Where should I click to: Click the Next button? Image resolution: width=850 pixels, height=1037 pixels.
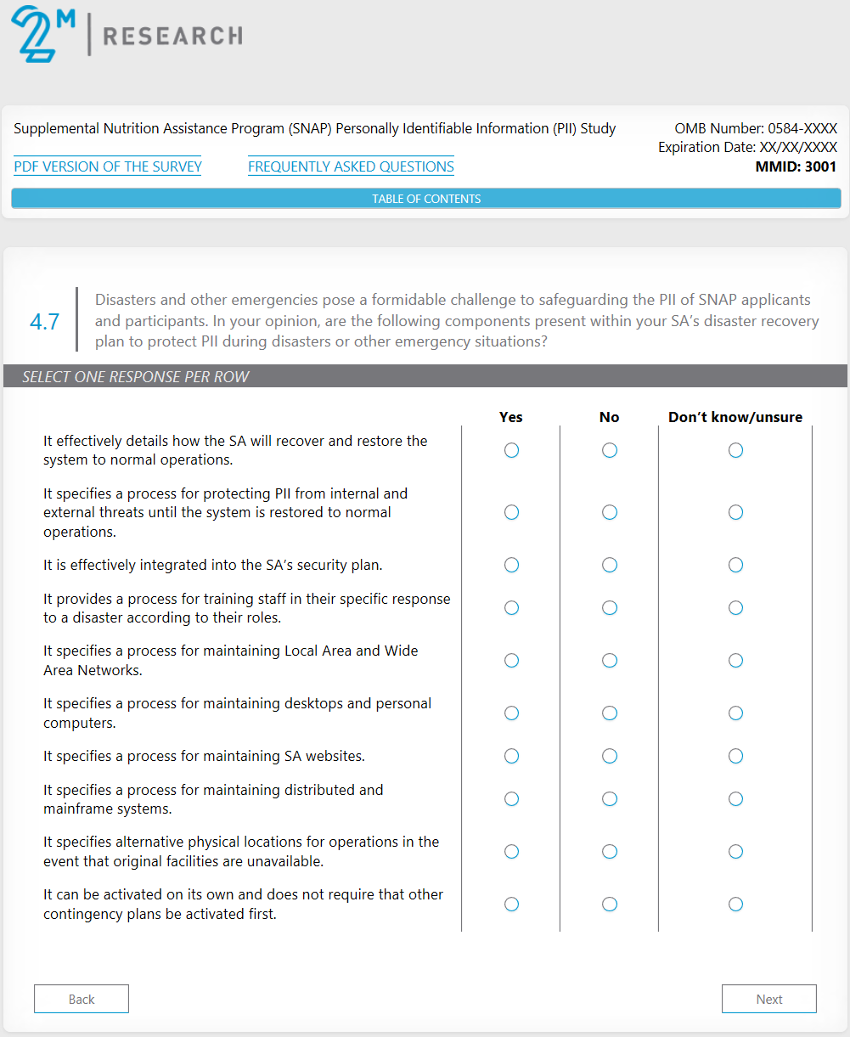point(768,999)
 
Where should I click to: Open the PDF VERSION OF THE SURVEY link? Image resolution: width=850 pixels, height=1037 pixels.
point(108,166)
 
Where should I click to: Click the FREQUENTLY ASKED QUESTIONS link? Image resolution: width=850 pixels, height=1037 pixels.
point(351,166)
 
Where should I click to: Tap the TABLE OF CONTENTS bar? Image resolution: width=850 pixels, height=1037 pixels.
point(426,199)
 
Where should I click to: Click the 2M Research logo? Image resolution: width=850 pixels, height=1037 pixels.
point(127,34)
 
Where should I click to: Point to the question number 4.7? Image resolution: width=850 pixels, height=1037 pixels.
point(44,322)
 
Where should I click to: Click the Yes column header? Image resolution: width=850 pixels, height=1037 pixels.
point(511,417)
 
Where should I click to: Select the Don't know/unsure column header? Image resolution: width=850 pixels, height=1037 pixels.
point(735,417)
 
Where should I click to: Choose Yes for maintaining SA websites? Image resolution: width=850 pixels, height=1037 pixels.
point(511,756)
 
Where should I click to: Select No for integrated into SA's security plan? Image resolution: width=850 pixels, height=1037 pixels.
point(610,565)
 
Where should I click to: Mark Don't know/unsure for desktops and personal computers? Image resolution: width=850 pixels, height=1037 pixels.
point(735,713)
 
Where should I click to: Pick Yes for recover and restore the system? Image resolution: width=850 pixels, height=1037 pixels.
point(511,450)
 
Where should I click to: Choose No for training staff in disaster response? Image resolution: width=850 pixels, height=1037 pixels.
point(610,608)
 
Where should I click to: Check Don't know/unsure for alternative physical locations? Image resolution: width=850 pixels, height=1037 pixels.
point(735,851)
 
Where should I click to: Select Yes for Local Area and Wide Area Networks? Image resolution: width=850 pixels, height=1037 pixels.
point(511,660)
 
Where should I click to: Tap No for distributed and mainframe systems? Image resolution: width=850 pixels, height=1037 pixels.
point(610,798)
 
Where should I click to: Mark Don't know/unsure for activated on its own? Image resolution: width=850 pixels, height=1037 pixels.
point(735,904)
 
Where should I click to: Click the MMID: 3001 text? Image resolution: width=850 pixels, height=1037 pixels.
point(796,166)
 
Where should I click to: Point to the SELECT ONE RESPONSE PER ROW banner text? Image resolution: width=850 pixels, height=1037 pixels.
point(136,376)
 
